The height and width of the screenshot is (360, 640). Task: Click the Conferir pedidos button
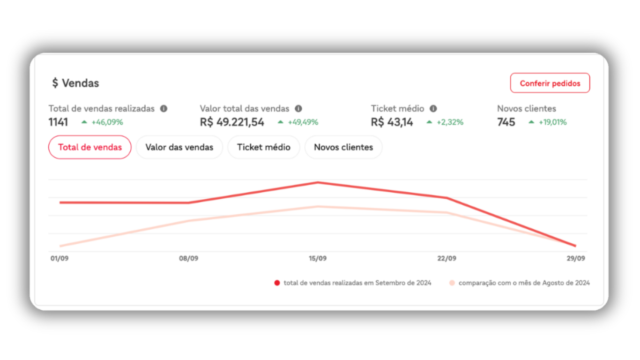point(550,83)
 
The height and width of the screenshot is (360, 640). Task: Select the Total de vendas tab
point(90,147)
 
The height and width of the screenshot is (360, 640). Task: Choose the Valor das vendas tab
point(179,147)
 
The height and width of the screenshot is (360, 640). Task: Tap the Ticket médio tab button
point(263,147)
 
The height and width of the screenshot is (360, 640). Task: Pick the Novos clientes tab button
point(343,147)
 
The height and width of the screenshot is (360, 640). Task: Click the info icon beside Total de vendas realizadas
point(164,109)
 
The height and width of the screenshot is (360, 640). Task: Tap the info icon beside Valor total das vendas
point(298,109)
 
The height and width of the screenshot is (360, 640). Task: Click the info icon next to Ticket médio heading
point(433,109)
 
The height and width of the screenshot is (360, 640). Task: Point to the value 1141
point(58,122)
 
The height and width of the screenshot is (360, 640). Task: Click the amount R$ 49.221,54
point(232,122)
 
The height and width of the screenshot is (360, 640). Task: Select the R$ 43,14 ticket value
point(392,122)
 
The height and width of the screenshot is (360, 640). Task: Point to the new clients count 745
point(506,122)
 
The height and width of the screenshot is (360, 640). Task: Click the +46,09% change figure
point(107,122)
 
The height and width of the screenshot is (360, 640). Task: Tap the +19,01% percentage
point(552,122)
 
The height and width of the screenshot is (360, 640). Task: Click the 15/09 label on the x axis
point(318,258)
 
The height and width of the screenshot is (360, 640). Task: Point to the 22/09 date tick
point(447,258)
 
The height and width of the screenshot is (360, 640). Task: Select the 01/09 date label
point(60,258)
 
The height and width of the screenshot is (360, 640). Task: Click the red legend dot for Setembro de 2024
point(277,283)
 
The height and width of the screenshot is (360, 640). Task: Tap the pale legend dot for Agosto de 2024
point(452,283)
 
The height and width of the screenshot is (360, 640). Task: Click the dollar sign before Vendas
point(55,83)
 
